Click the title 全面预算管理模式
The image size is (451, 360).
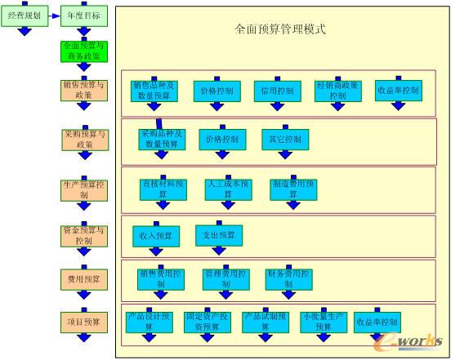pos(280,29)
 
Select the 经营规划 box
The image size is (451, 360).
pos(25,15)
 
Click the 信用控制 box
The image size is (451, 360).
pos(279,91)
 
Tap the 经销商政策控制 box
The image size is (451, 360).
pos(338,91)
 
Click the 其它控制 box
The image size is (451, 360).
pos(285,140)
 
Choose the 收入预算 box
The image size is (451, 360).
pos(157,236)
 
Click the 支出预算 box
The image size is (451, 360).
pos(219,235)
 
